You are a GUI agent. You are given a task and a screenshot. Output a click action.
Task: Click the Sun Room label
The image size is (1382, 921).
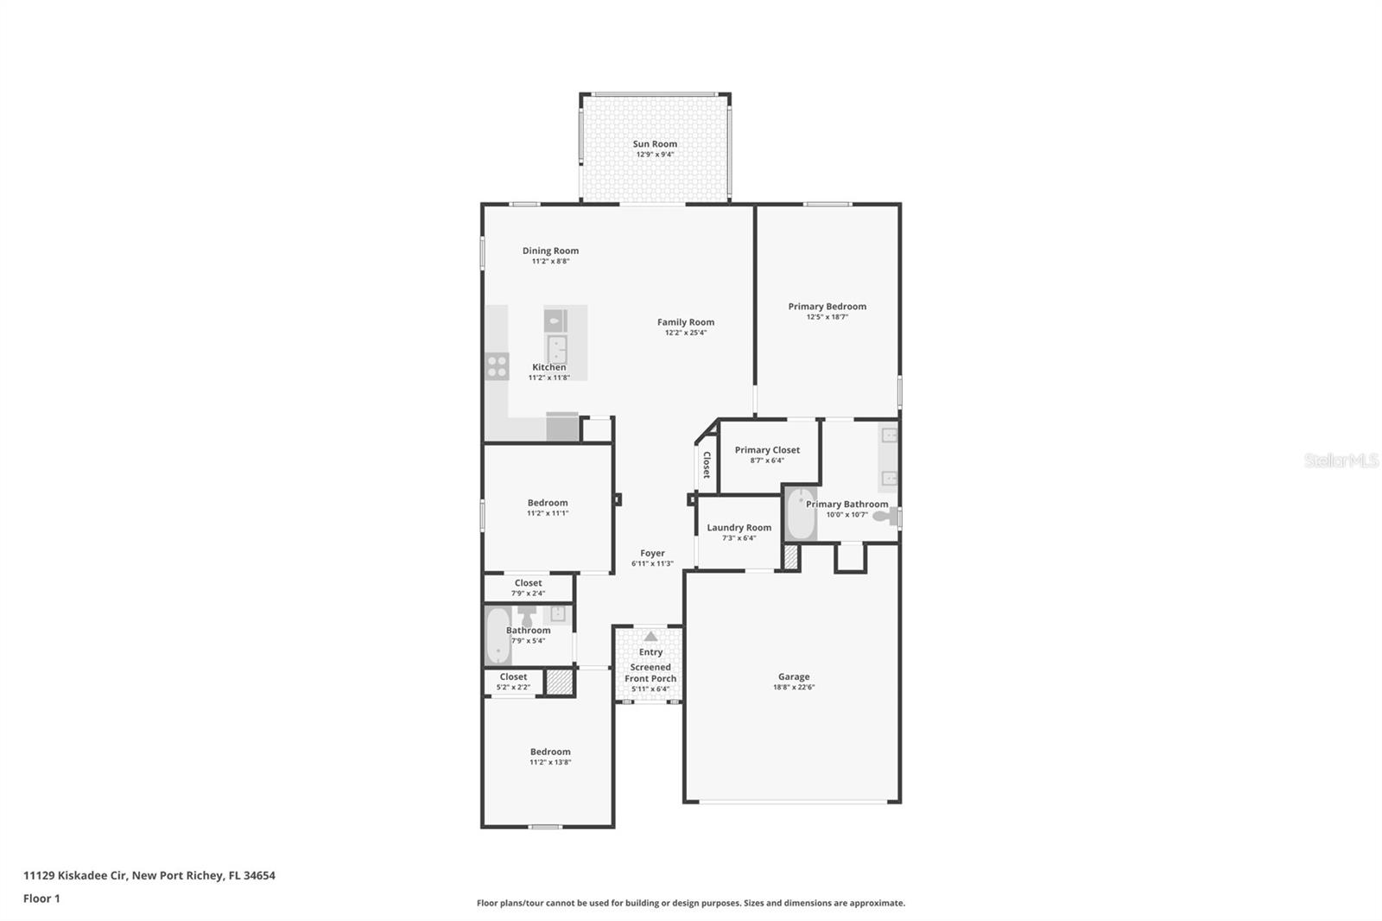655,144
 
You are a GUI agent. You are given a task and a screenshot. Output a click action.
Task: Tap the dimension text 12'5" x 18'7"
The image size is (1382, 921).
827,317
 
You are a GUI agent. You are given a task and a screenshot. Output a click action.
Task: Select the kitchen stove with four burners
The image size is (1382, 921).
497,366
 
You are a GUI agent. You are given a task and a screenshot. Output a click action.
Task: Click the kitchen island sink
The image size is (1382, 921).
556,350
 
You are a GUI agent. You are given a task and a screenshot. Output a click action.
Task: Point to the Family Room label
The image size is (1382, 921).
685,322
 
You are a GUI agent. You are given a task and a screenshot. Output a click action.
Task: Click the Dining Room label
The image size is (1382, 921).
550,251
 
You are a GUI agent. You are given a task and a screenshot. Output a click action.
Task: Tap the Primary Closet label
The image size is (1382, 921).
767,450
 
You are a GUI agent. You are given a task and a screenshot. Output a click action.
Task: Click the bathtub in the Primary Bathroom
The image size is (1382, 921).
801,515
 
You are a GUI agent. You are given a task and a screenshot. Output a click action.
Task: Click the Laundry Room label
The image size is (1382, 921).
739,528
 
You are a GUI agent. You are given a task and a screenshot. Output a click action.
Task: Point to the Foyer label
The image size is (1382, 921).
652,554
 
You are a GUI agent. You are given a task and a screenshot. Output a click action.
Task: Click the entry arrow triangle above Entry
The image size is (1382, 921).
650,637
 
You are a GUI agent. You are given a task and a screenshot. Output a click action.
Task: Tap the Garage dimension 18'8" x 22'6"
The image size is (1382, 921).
793,688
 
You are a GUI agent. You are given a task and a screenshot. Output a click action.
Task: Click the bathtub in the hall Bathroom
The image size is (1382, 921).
497,637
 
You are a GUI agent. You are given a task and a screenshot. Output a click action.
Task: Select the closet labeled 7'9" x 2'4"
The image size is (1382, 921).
528,588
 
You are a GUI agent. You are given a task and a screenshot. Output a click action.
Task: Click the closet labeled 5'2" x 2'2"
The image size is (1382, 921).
513,682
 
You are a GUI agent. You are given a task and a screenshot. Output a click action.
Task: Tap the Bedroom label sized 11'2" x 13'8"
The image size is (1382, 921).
550,752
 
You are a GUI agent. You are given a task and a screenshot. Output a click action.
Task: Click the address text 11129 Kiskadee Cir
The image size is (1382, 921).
76,875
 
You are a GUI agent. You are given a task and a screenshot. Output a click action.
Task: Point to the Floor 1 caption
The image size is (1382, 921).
41,899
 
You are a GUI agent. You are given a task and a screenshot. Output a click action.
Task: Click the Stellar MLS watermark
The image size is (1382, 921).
1341,460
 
